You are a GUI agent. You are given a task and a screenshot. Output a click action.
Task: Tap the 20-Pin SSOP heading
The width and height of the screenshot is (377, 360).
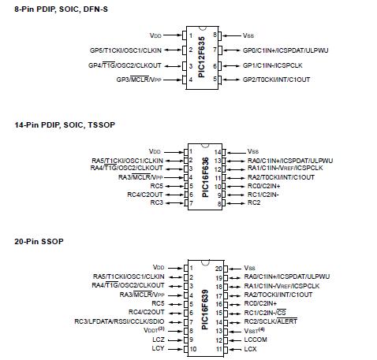[39, 240]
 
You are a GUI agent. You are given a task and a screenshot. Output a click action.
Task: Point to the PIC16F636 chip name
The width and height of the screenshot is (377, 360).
[204, 176]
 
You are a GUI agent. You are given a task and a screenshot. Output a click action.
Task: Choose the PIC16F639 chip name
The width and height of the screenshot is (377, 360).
[204, 306]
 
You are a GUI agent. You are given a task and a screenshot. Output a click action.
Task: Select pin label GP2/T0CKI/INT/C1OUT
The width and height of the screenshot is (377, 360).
[276, 80]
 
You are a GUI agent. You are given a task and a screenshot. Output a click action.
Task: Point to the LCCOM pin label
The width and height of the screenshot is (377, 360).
[256, 339]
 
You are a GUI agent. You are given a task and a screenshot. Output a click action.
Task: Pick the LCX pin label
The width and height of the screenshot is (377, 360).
[250, 348]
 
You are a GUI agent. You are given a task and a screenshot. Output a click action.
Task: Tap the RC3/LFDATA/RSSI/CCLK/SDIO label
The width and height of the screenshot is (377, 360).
[120, 321]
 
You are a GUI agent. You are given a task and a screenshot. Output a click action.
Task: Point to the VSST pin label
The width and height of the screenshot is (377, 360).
[254, 330]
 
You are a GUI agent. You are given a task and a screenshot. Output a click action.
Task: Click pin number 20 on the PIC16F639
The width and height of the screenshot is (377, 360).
[219, 268]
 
